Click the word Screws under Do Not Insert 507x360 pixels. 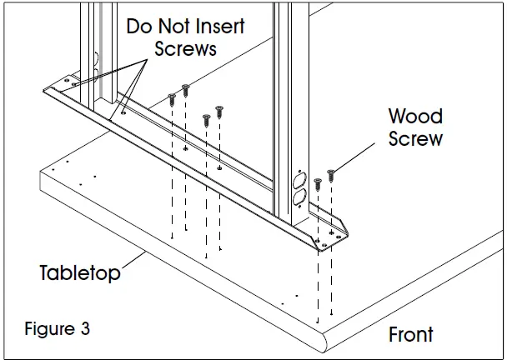click(x=184, y=48)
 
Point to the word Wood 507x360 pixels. click(x=415, y=116)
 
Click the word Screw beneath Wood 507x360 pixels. click(x=415, y=138)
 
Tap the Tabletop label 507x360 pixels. click(x=80, y=272)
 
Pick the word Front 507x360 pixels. click(x=411, y=335)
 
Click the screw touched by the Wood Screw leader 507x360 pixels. click(x=331, y=175)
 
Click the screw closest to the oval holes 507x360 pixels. click(x=317, y=183)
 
